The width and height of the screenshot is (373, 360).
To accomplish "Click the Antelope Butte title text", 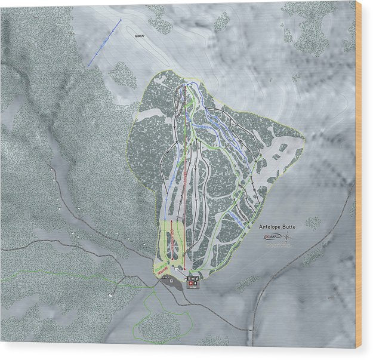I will point(277,227).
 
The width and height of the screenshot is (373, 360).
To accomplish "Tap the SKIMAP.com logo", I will point(272,237).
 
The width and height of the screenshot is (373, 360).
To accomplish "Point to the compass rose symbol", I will point(288,238).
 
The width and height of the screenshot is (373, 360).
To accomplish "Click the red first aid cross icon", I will point(192,284).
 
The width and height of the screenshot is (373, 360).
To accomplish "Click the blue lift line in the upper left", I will point(104,42).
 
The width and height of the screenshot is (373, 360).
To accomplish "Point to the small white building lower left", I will point(111,296).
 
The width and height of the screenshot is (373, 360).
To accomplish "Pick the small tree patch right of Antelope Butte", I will point(312,223).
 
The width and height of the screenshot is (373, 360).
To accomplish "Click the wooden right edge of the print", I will point(359,179).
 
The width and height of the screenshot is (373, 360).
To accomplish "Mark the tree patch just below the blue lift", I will point(122,75).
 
